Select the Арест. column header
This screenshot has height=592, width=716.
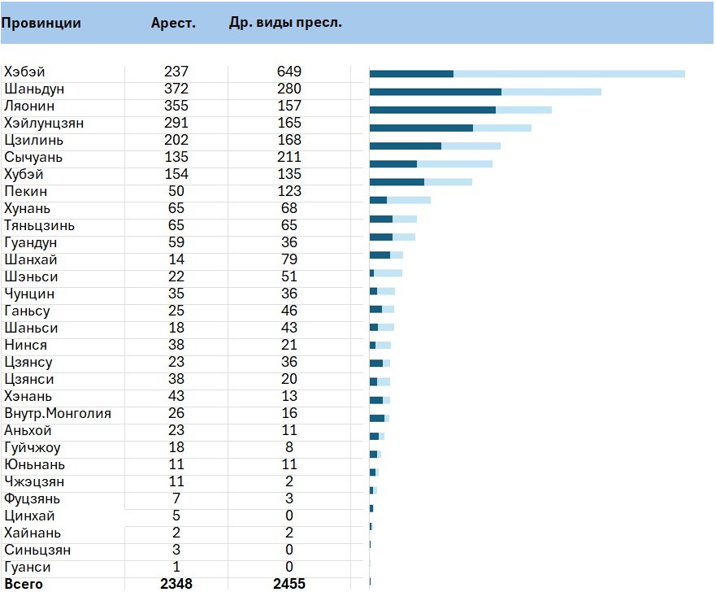click(x=173, y=23)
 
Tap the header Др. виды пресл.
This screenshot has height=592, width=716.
click(x=285, y=23)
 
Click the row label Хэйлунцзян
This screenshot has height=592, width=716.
click(x=44, y=123)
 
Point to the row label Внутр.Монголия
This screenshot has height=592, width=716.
click(x=58, y=413)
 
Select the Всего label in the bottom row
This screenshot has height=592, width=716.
click(x=24, y=584)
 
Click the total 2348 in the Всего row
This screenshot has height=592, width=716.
click(x=176, y=584)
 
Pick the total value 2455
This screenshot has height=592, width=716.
click(x=289, y=584)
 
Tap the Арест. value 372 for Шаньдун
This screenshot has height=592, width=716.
click(x=176, y=89)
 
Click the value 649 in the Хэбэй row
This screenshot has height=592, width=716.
click(x=289, y=72)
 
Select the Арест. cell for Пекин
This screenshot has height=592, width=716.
click(x=176, y=191)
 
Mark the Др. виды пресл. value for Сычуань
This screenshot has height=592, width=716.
click(x=289, y=157)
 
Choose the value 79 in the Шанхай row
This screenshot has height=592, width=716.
click(x=289, y=259)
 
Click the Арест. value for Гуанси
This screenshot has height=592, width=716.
click(x=176, y=567)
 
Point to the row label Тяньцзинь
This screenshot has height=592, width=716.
click(x=39, y=225)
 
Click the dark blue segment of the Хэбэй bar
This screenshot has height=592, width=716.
click(x=411, y=74)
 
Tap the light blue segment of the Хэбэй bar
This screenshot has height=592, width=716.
click(x=569, y=74)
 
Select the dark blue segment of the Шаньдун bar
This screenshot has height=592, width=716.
click(x=435, y=92)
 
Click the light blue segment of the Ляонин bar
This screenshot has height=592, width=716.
click(x=523, y=110)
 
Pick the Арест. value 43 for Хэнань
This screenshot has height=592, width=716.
click(x=176, y=396)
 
